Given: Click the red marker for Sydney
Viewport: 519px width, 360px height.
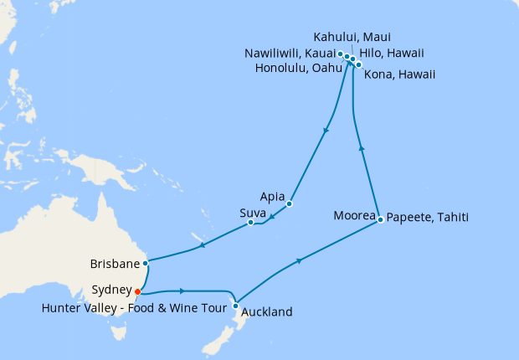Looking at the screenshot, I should [x=138, y=292].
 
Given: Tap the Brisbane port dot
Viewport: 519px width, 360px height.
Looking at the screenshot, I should [x=146, y=263].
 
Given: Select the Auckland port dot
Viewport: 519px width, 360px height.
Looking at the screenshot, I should [x=237, y=306].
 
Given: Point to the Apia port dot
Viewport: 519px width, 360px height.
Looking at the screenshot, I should [x=289, y=203].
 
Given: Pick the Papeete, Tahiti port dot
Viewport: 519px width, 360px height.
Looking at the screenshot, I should [x=381, y=219].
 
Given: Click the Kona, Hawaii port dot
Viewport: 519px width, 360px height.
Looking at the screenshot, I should [x=359, y=64].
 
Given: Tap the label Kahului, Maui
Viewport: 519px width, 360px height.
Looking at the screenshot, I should [x=352, y=37].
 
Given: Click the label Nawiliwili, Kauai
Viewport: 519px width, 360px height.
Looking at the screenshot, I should [x=290, y=53].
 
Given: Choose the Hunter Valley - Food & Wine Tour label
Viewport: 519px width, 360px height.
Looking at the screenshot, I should [x=131, y=308].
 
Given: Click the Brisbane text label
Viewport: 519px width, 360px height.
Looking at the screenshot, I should [x=114, y=264].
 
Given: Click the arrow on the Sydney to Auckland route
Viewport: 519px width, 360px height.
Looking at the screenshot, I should [x=182, y=291].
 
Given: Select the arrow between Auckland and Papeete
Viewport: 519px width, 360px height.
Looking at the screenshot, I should [x=300, y=261].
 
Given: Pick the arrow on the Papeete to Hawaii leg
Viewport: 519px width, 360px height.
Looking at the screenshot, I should [x=362, y=147].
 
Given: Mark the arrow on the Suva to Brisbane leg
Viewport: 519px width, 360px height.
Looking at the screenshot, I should [x=203, y=245].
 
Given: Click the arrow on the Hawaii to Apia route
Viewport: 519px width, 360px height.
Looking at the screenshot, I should [x=325, y=130].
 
